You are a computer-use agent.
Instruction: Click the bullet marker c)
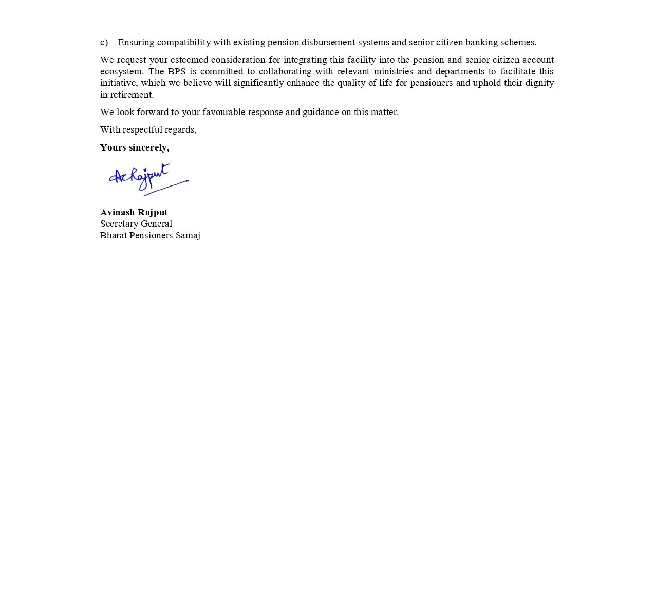(104, 42)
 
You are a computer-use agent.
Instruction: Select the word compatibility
(183, 42)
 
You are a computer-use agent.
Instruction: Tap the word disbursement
(328, 42)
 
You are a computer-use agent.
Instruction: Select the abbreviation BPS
(176, 71)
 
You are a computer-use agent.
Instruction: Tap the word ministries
(393, 71)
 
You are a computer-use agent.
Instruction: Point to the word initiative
(118, 83)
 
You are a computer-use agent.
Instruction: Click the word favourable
(224, 112)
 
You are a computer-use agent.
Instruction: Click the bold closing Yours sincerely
(135, 147)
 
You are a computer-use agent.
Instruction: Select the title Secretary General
(136, 223)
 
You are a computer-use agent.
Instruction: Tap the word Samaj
(188, 235)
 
